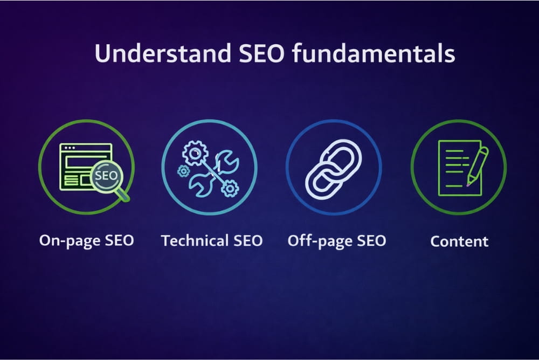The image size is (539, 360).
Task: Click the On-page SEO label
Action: click(x=86, y=240)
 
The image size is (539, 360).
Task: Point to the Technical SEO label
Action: click(x=212, y=240)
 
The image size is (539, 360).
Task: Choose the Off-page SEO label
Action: click(x=337, y=240)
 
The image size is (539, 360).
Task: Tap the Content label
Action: click(x=459, y=241)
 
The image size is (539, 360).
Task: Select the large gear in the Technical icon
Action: click(x=195, y=153)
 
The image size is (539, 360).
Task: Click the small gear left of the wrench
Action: click(x=183, y=171)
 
